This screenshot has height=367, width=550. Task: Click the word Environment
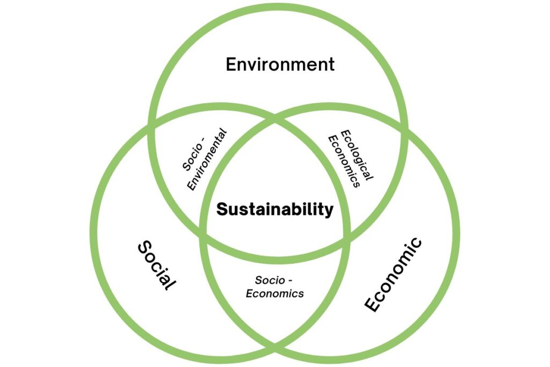[280, 64]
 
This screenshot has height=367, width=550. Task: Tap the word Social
[157, 265]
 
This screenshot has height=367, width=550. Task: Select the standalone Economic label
[393, 275]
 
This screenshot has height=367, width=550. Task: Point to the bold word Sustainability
[274, 209]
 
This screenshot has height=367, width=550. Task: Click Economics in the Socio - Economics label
[274, 293]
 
